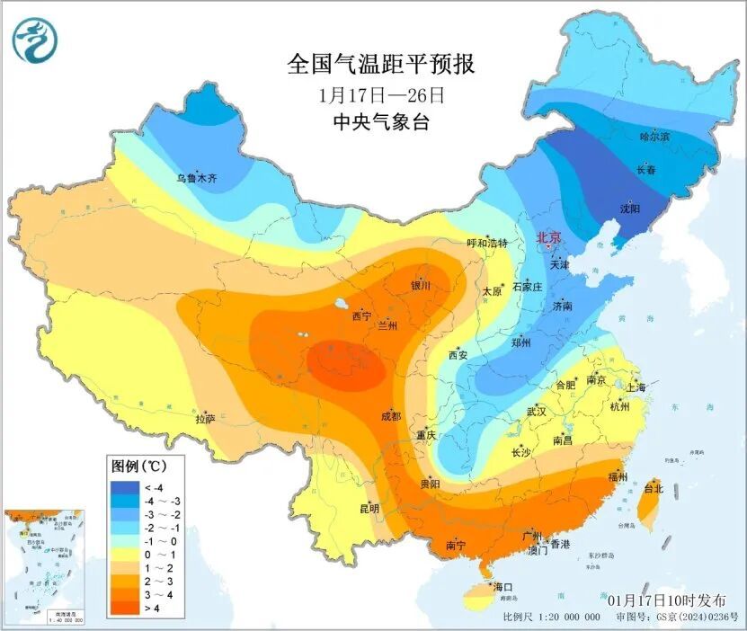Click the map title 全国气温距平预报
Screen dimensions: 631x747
click(379, 65)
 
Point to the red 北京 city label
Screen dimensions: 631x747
click(548, 237)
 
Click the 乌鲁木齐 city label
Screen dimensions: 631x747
click(196, 178)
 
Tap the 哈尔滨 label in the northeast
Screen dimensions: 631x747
click(654, 136)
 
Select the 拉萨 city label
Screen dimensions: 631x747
click(205, 418)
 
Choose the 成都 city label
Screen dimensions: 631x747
click(391, 416)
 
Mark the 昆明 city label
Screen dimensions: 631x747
click(369, 508)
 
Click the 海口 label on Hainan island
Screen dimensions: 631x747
click(502, 587)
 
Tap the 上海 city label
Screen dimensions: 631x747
click(636, 387)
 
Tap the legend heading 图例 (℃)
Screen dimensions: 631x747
click(135, 467)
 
